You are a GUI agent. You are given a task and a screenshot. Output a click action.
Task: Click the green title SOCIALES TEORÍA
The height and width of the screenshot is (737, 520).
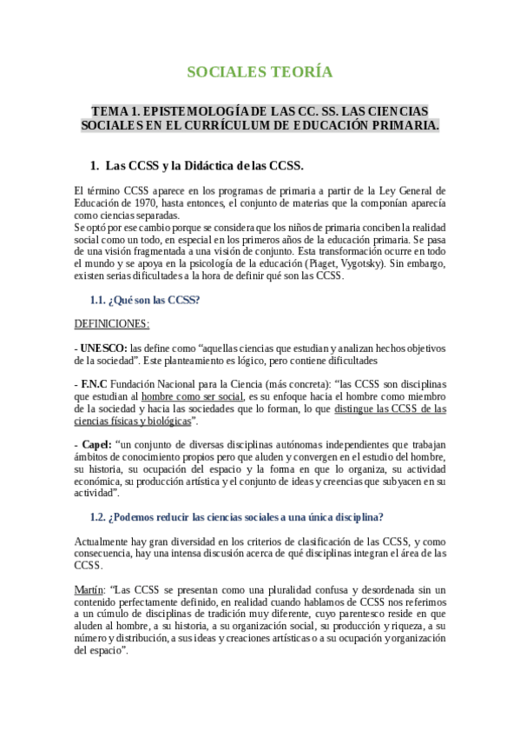(x=260, y=71)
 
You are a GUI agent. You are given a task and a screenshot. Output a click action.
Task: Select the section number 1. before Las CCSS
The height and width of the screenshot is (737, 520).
(x=95, y=165)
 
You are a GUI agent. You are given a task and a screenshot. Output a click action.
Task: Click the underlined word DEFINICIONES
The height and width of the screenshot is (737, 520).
(x=112, y=323)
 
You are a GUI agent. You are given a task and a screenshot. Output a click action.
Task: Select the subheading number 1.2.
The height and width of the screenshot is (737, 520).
(x=97, y=516)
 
